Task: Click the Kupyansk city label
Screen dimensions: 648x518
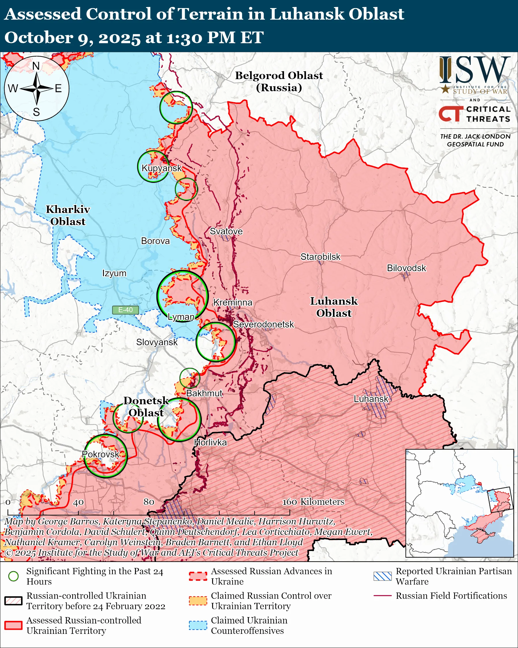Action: tap(162, 168)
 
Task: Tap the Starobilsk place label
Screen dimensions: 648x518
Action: tap(320, 257)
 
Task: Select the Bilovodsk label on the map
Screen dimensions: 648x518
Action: tap(406, 268)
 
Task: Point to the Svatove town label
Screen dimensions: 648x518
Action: tap(226, 231)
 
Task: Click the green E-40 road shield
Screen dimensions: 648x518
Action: tap(125, 310)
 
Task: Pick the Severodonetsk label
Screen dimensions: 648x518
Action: tap(263, 324)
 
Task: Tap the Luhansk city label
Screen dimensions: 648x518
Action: tap(371, 399)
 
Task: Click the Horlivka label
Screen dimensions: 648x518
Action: tap(210, 442)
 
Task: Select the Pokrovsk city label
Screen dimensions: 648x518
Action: tap(101, 454)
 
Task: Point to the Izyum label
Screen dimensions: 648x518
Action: tap(114, 273)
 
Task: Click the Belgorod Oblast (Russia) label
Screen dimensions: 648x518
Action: tap(279, 81)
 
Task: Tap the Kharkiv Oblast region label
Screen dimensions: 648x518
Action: tap(68, 215)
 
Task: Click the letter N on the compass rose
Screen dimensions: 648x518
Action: tap(36, 66)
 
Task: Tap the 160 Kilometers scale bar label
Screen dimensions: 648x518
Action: tap(313, 502)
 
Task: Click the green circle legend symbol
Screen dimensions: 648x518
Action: tap(14, 576)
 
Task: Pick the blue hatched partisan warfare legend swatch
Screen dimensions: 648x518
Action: tap(382, 576)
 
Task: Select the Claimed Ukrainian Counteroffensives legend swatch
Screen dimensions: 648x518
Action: tap(198, 625)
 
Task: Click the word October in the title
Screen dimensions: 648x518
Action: tap(38, 38)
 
